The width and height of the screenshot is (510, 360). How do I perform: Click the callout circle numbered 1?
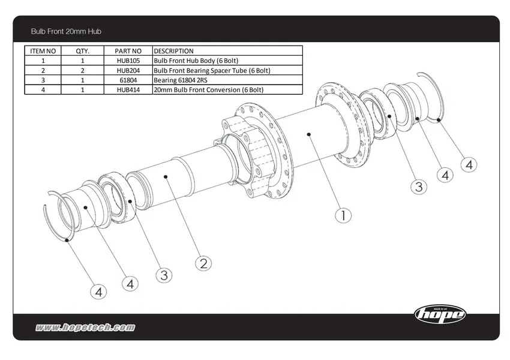click(x=343, y=215)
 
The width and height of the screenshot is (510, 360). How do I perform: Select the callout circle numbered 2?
click(x=203, y=263)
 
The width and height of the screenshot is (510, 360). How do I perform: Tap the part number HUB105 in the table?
click(x=129, y=61)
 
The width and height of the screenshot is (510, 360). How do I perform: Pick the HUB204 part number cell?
click(x=129, y=70)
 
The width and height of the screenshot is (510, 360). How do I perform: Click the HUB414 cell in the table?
click(x=129, y=89)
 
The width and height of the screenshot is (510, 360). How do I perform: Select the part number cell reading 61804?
click(x=129, y=80)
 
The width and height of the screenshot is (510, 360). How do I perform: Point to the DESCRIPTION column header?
click(x=174, y=51)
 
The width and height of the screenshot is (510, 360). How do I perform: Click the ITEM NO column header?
click(x=43, y=51)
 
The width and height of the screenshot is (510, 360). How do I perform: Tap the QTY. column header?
click(x=83, y=51)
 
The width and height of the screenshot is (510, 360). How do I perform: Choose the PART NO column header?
click(x=129, y=51)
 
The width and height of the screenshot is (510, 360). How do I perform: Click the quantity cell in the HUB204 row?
click(x=83, y=70)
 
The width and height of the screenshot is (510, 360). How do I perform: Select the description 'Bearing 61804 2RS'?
click(x=183, y=80)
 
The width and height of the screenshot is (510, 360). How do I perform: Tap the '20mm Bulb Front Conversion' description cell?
click(x=208, y=89)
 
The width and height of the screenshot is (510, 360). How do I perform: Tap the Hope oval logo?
click(x=440, y=313)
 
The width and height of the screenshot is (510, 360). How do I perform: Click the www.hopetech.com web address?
click(x=85, y=328)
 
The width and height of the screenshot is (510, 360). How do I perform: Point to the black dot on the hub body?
click(x=308, y=135)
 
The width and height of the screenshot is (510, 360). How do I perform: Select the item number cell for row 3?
click(x=43, y=80)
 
